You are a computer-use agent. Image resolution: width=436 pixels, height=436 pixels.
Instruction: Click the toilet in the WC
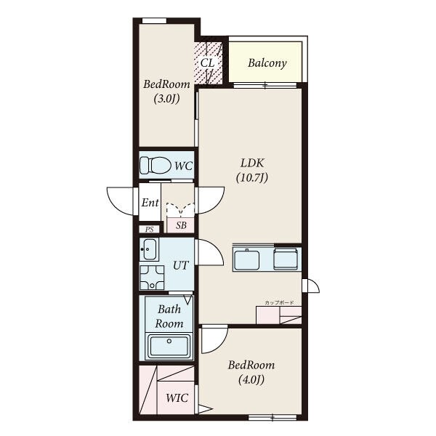[x=156, y=165]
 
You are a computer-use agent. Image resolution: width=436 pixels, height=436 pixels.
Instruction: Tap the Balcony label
[x=267, y=63]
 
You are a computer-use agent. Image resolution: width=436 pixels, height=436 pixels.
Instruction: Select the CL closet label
[x=208, y=62]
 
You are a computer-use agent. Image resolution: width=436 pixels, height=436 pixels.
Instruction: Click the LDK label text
[x=252, y=163]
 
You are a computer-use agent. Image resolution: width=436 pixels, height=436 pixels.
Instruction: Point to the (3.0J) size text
[x=166, y=99]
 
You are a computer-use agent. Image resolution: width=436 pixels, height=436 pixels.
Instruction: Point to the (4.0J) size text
[x=251, y=379]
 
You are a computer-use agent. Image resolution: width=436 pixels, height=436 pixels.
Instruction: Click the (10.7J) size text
[x=252, y=177]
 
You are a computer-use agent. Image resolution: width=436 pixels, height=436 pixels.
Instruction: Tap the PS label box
[x=149, y=230]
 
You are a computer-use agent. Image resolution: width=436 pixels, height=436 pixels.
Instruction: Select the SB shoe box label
[x=181, y=225]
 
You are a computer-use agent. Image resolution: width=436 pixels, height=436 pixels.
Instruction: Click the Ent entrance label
[x=150, y=203]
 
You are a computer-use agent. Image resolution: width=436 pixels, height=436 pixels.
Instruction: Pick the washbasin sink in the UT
[x=149, y=249]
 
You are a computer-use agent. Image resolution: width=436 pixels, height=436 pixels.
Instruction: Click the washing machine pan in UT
[x=152, y=278]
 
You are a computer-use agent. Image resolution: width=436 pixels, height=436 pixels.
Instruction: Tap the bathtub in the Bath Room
[x=169, y=345]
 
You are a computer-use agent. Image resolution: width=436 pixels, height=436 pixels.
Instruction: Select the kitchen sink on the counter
[x=246, y=259]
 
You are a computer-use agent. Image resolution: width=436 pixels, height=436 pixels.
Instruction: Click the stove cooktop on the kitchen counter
[x=286, y=259]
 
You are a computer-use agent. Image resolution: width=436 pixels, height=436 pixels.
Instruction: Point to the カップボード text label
[x=279, y=303]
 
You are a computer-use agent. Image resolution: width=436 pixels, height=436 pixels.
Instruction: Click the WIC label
[x=177, y=398]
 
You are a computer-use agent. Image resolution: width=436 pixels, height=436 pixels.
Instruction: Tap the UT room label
[x=181, y=265]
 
